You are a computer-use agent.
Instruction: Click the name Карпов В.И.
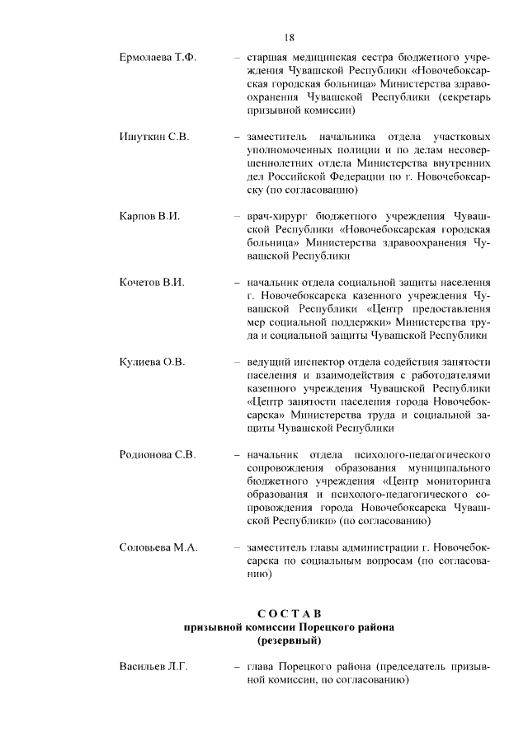click(x=144, y=216)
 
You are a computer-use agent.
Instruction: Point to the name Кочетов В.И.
click(x=146, y=282)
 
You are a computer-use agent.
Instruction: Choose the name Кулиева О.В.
click(x=147, y=361)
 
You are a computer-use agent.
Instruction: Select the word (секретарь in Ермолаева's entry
click(x=461, y=97)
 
